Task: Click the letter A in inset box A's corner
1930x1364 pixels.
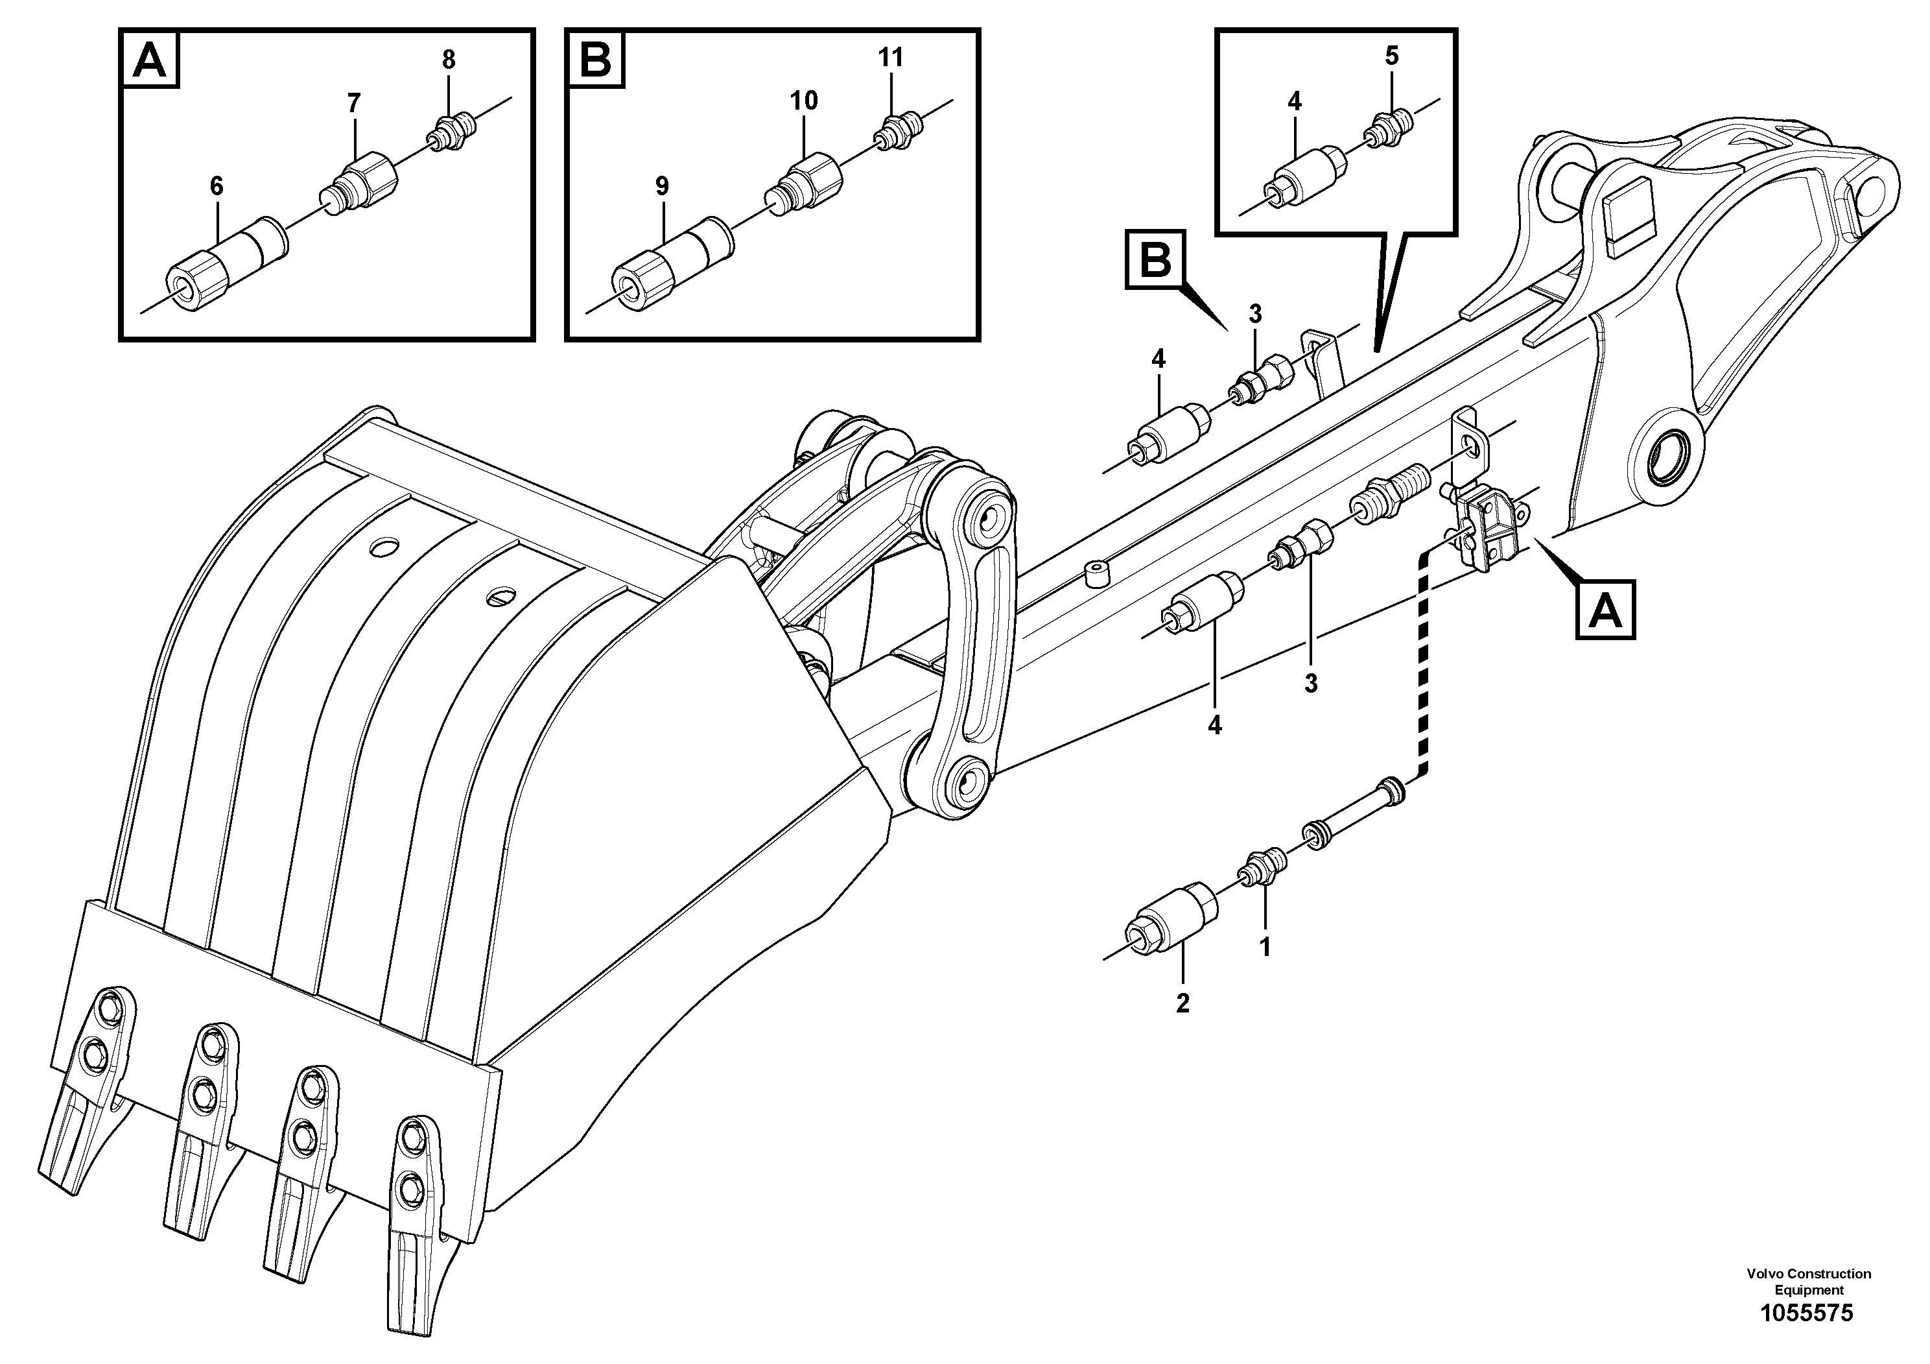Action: coord(150,60)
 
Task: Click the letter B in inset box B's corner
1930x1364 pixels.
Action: coord(596,60)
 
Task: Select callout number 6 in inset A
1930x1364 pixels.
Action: coord(217,187)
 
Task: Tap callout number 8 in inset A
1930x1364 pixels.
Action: coord(449,60)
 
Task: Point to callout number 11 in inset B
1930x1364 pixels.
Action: coord(891,57)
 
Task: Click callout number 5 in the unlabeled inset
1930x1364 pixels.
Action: coord(1391,56)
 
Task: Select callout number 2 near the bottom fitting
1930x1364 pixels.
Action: coord(1183,1003)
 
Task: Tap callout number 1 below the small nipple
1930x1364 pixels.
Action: coord(1264,948)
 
